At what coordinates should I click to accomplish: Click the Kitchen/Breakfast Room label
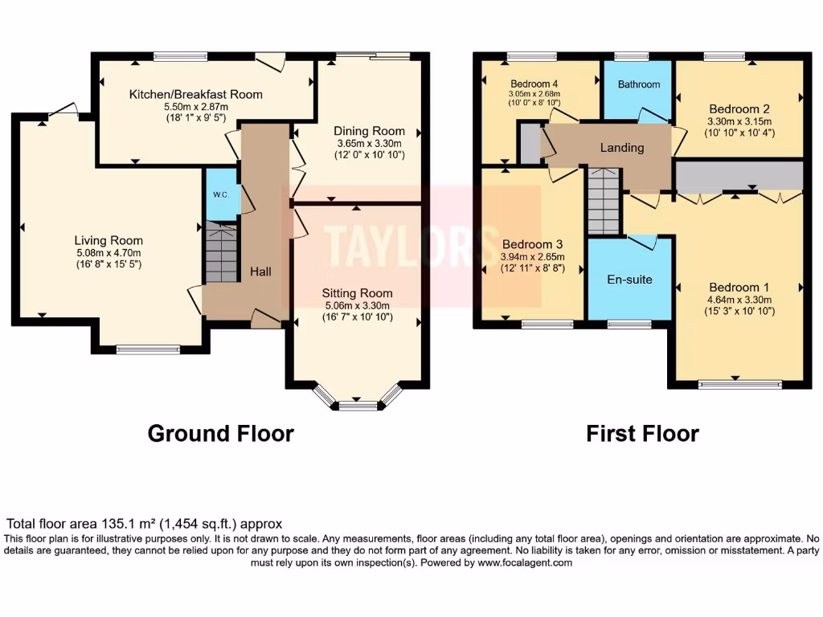coord(196,94)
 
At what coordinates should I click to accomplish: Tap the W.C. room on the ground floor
coord(221,194)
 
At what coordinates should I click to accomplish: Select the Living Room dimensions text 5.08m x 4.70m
coord(109,252)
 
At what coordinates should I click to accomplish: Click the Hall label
coord(260,272)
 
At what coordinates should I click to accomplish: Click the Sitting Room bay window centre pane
coord(358,406)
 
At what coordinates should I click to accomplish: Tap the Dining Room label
coord(370,131)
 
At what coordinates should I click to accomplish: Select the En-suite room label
coord(629,280)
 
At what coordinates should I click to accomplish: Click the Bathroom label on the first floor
coord(639,84)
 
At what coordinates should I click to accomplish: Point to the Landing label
coord(622,148)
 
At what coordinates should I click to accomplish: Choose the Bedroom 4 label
coord(534,84)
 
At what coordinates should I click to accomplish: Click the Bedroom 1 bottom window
coord(739,384)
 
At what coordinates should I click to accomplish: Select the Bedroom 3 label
coord(532,244)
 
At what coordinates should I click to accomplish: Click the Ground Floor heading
coord(220,434)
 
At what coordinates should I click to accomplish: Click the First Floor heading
coord(642,434)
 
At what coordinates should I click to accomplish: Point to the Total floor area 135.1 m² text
coord(145,524)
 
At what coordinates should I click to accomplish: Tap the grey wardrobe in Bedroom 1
coord(739,176)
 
